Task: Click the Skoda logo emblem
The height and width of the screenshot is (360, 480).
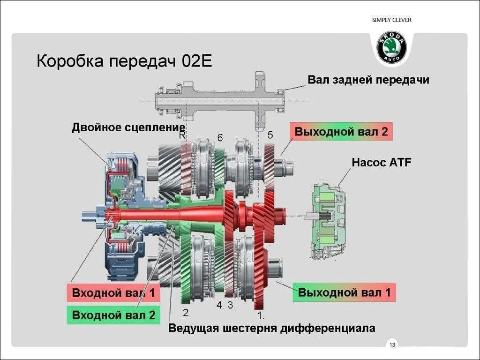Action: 392,47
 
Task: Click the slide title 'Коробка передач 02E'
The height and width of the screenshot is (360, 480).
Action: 124,61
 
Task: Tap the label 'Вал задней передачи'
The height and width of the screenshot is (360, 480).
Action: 368,80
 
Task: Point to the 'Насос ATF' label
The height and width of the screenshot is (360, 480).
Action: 381,163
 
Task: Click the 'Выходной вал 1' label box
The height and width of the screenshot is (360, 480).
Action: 344,292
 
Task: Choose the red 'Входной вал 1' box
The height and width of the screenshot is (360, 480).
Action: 113,293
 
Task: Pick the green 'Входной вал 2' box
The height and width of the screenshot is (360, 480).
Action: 113,315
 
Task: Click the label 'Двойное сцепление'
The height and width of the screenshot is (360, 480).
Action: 128,127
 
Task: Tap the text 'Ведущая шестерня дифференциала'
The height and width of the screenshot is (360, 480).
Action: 272,328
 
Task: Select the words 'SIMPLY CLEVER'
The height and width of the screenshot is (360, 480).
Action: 391,20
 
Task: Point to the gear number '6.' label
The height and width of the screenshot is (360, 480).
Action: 221,138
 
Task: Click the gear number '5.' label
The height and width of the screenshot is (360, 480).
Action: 270,135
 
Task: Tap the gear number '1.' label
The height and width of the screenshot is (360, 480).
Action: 261,315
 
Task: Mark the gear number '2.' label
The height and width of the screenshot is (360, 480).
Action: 186,313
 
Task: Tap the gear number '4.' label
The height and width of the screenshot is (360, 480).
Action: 219,305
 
